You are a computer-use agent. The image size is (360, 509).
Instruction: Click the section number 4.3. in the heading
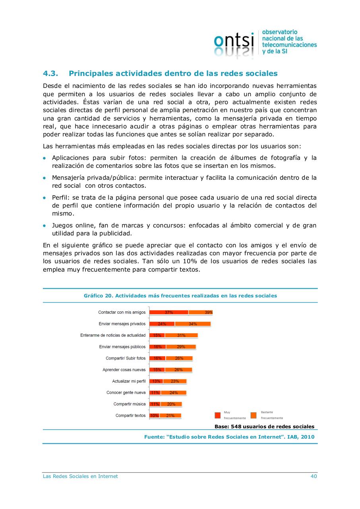coord(51,74)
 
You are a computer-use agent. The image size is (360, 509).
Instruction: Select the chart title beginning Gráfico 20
coord(180,296)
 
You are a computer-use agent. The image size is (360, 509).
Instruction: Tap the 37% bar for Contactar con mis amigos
coord(168,313)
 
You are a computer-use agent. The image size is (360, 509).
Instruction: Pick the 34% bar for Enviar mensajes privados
coord(193,324)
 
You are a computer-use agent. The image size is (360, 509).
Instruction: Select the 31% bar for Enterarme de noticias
coord(181,335)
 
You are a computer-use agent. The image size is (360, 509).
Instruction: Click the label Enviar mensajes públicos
coord(122,347)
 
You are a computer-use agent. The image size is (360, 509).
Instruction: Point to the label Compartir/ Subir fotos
coord(126,358)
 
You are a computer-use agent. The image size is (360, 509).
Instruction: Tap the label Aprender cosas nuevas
coord(124,370)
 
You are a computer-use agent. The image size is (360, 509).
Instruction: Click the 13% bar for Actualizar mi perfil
coord(156,381)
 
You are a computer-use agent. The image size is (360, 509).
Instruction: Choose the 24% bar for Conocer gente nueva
coord(173,393)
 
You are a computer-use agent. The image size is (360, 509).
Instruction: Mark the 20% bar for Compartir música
coord(171,404)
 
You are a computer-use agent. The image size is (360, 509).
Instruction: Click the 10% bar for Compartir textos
coord(154,416)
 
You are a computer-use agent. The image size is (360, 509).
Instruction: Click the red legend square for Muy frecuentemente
coord(217,415)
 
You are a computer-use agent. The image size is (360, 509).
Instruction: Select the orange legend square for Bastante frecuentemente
coord(254,415)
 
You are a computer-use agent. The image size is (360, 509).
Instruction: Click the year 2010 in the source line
coord(308,437)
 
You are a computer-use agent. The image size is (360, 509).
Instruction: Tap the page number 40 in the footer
coord(314,476)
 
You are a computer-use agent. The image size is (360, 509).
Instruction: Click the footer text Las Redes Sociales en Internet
coord(80,476)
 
